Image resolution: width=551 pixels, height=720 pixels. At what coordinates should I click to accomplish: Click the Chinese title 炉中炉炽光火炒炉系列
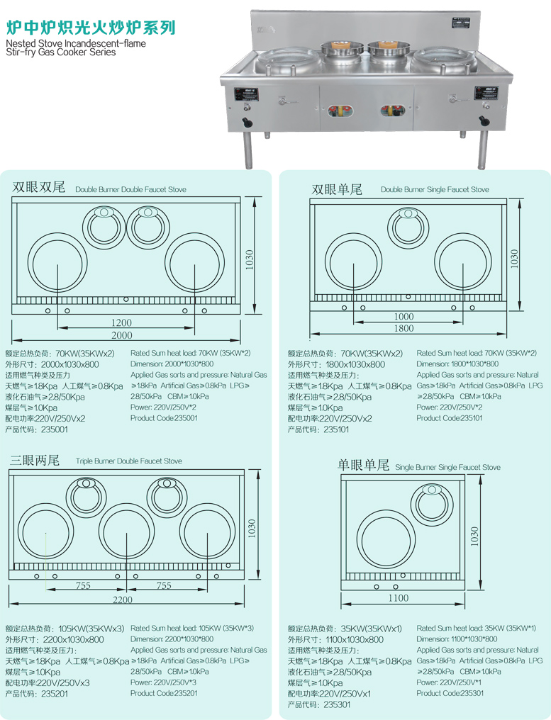coord(90,28)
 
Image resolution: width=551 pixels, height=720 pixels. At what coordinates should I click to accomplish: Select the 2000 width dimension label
coord(122,335)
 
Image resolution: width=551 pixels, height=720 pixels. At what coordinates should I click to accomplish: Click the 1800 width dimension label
coord(404,328)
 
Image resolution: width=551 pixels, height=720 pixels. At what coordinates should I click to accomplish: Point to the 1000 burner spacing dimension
coord(404,316)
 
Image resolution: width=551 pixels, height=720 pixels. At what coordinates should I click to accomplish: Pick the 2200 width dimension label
coord(123,600)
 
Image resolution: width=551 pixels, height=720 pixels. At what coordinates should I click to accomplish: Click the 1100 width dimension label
coord(399,598)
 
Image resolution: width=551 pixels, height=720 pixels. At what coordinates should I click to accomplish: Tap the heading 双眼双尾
coord(39,188)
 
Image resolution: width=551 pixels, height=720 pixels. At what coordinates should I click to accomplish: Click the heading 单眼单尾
coord(364,466)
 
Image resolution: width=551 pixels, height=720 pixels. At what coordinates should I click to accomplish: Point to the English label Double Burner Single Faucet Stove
coord(435,190)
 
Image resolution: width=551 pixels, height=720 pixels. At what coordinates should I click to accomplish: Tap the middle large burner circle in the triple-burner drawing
coord(127,531)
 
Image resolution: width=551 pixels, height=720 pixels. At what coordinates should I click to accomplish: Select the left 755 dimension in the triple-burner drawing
coord(84,586)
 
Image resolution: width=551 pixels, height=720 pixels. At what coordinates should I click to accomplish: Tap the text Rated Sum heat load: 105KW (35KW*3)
coord(192,628)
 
